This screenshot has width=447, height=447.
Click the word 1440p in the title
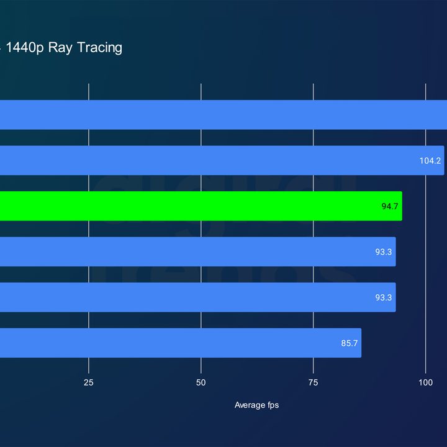[25, 48]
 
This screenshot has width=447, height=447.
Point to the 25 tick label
[88, 382]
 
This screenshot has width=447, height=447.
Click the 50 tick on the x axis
[201, 382]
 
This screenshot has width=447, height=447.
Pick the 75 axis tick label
[313, 382]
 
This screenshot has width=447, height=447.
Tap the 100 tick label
[425, 382]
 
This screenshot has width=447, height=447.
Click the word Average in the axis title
[246, 405]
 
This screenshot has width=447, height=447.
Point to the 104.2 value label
[430, 161]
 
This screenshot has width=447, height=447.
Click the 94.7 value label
[390, 206]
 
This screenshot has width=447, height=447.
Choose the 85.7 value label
[349, 343]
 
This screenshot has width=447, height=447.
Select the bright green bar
[201, 206]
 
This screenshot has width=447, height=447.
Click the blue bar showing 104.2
[222, 161]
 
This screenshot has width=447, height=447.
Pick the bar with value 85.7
[181, 343]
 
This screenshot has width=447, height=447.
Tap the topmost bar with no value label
[223, 115]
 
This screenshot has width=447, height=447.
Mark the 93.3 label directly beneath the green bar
[383, 252]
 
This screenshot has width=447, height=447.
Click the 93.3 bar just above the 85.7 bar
[198, 297]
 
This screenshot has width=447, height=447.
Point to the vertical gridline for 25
[88, 228]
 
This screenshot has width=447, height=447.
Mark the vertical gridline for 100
[425, 228]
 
